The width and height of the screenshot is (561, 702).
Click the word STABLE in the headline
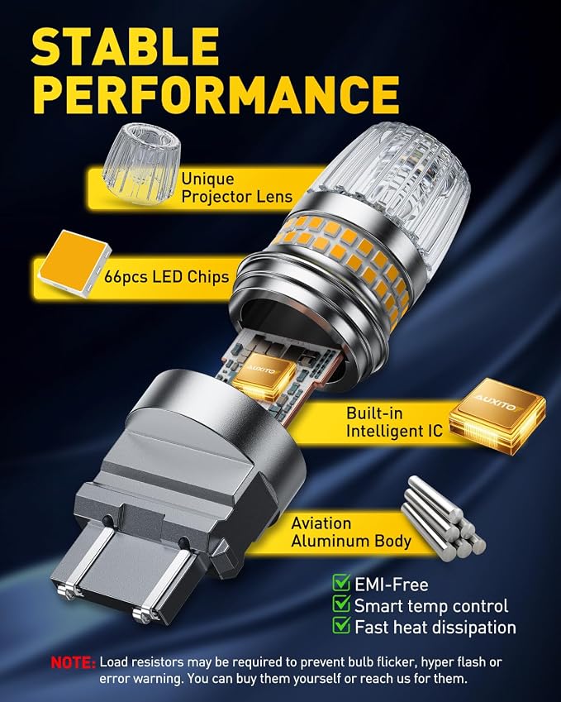pyautogui.click(x=126, y=46)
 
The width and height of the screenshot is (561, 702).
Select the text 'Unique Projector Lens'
pyautogui.click(x=236, y=188)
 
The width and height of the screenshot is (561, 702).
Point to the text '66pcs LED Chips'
pyautogui.click(x=166, y=277)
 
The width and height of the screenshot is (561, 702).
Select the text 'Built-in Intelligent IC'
pyautogui.click(x=394, y=422)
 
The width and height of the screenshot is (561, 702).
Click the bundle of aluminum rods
pyautogui.click(x=444, y=518)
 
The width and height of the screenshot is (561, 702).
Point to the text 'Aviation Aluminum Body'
pyautogui.click(x=351, y=532)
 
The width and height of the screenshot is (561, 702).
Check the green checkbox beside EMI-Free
pyautogui.click(x=341, y=583)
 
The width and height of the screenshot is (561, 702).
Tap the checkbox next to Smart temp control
pyautogui.click(x=341, y=604)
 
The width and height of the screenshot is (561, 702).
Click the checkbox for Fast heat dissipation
pyautogui.click(x=341, y=625)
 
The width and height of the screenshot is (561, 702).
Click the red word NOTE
pyautogui.click(x=73, y=662)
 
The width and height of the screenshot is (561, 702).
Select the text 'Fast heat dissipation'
pyautogui.click(x=435, y=627)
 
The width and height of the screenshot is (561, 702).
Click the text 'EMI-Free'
pyautogui.click(x=392, y=585)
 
